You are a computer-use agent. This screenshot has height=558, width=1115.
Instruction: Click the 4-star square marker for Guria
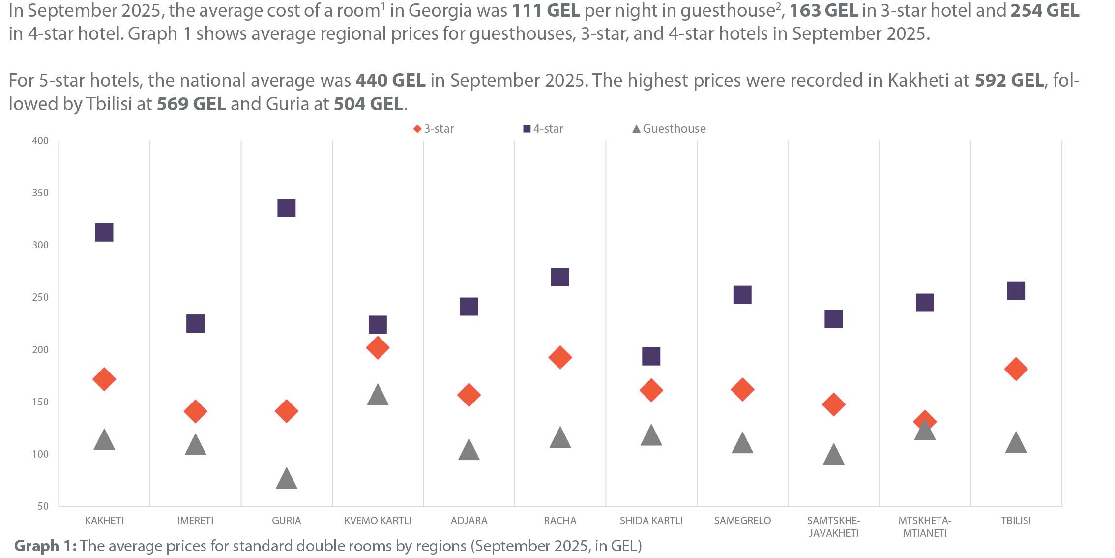coord(286,209)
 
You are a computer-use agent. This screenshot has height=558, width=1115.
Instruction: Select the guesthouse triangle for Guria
coord(286,479)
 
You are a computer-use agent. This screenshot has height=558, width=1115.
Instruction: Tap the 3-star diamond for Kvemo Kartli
coord(378,348)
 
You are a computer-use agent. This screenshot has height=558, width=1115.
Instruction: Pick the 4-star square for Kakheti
coord(104,233)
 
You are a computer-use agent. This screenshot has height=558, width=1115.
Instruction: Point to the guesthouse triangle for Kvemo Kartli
coord(378,396)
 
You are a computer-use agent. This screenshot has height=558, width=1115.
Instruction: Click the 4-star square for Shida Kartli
coord(651,356)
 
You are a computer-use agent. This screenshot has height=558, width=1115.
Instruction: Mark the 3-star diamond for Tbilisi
coord(1016,369)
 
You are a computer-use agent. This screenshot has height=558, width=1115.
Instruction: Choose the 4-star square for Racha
coord(560,278)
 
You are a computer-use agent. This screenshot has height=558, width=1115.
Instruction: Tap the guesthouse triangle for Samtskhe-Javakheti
coord(833,455)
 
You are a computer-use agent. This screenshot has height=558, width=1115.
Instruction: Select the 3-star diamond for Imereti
coord(195,411)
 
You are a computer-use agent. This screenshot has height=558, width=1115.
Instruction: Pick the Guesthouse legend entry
coord(669,129)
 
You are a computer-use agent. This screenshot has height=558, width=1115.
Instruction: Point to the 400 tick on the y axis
coord(40,141)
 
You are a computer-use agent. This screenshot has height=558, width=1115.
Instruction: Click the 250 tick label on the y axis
coord(40,297)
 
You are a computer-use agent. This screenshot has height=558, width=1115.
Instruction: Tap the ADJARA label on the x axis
coord(469,521)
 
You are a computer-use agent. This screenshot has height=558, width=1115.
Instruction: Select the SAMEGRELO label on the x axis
coord(742,521)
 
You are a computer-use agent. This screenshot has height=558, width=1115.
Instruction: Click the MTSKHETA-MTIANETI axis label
coord(925,527)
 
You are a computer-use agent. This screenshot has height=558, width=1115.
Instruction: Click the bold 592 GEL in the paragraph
coord(1009,81)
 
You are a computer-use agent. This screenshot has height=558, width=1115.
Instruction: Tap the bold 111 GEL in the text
coord(546,11)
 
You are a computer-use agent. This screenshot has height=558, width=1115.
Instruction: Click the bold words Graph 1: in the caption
coord(45,546)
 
